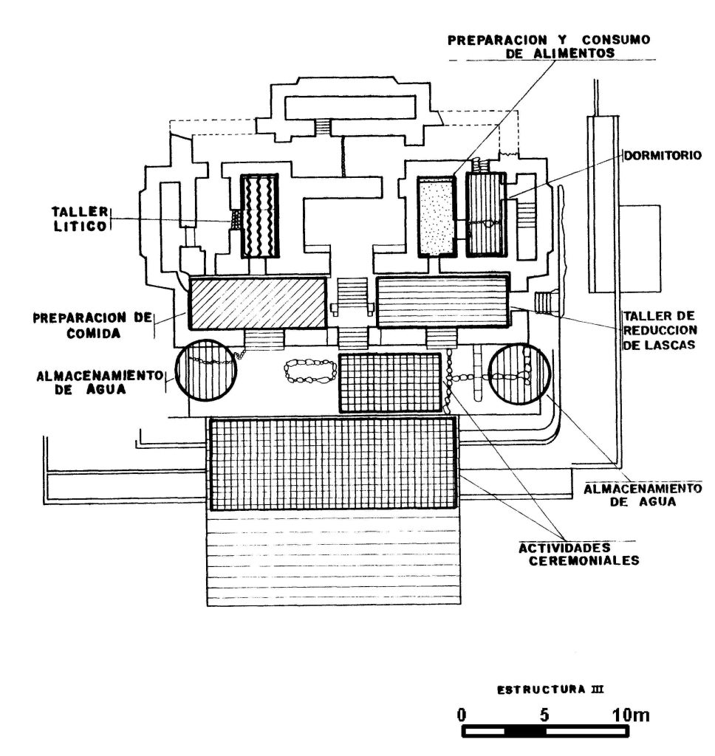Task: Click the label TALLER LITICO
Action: click(x=80, y=219)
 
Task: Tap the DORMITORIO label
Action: click(x=663, y=156)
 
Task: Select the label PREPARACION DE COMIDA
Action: click(x=92, y=326)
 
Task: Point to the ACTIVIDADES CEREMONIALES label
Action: click(x=579, y=554)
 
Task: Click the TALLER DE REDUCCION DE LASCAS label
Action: click(x=660, y=330)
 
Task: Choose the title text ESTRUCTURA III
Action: click(x=550, y=690)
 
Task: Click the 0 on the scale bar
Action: click(x=462, y=714)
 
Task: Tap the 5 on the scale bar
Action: click(x=544, y=714)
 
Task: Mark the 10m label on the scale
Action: click(x=631, y=714)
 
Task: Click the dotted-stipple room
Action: click(x=437, y=216)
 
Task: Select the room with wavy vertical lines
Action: click(x=259, y=216)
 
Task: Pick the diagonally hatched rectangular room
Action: click(x=258, y=303)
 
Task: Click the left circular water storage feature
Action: click(x=206, y=371)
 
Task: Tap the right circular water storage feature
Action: click(x=519, y=374)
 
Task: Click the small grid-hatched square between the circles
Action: click(x=390, y=383)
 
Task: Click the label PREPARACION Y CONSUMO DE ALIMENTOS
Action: click(x=549, y=47)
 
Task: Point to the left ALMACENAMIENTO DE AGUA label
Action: click(x=100, y=382)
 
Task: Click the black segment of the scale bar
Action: click(x=525, y=732)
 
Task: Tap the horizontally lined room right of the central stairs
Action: click(x=442, y=302)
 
